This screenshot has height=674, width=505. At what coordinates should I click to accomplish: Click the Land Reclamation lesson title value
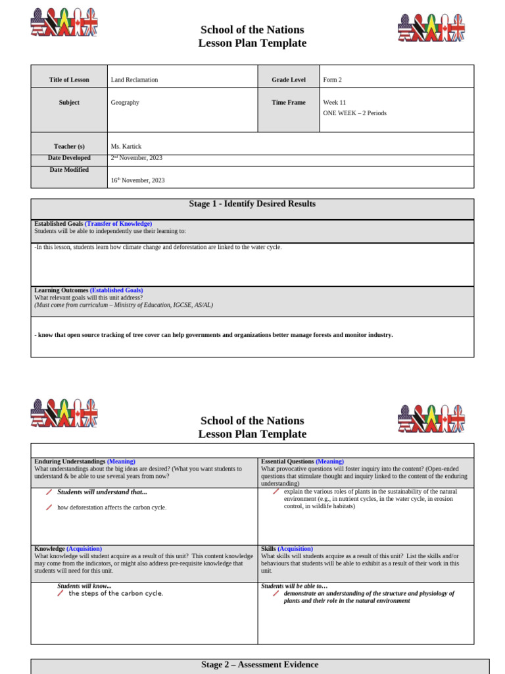tap(134, 80)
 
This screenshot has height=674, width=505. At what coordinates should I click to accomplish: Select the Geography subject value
tap(125, 103)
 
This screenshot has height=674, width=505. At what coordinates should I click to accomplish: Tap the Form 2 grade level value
tap(332, 80)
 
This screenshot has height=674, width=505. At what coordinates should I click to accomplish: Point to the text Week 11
tap(334, 103)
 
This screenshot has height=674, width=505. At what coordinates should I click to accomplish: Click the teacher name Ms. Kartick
tap(126, 146)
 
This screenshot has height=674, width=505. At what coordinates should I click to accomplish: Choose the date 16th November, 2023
tap(137, 180)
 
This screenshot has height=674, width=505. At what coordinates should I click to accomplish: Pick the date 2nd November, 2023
tap(136, 158)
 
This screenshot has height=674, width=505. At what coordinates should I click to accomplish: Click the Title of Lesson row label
tap(69, 80)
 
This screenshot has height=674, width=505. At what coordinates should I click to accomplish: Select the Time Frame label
tap(289, 103)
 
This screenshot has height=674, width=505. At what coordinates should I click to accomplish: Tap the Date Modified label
tap(69, 170)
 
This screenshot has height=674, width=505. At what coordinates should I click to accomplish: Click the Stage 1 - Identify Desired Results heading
tap(252, 204)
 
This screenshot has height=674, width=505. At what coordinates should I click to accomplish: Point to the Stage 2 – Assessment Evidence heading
tap(260, 665)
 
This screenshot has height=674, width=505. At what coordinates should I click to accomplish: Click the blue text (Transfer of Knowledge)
tap(118, 224)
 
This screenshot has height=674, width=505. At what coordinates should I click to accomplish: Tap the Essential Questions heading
tap(287, 461)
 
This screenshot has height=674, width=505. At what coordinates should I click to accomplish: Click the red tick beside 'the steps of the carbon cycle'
tap(60, 593)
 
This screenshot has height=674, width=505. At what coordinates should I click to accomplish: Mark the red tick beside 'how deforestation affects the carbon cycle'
tap(49, 507)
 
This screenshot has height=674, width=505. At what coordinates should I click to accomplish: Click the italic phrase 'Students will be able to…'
tap(294, 586)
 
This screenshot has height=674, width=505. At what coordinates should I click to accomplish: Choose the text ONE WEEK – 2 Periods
tap(354, 113)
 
